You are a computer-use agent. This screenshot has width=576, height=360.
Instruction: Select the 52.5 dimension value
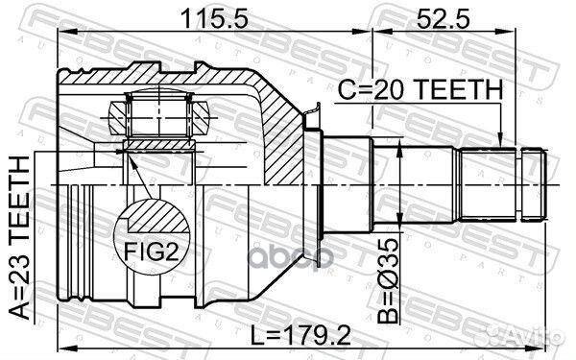[436, 15]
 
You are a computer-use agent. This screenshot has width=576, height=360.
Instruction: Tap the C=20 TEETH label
[420, 90]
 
